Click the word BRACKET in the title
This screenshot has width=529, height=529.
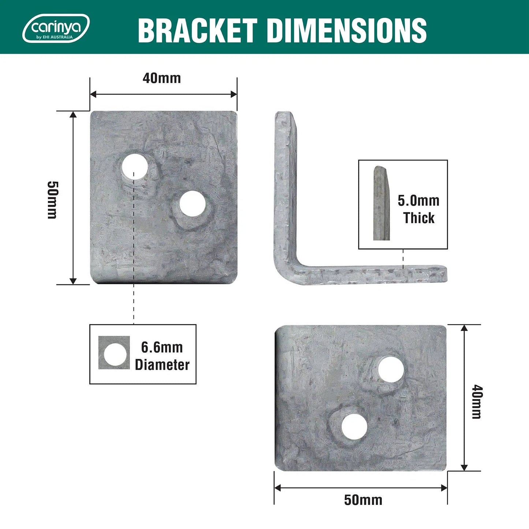point(197,30)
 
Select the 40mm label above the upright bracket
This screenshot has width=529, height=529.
point(161,78)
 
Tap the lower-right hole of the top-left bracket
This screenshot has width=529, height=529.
point(193,204)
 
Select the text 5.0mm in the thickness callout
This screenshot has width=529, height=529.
point(418,201)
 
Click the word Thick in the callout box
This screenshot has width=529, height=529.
point(419,218)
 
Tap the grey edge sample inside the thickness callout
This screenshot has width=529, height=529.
point(381,204)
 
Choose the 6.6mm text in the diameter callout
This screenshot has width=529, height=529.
point(162,347)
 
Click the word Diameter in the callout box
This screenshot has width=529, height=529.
point(162,365)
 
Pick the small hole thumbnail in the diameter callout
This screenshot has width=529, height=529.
point(114,353)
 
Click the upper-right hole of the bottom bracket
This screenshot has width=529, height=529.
point(391,369)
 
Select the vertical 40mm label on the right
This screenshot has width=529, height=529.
point(476,402)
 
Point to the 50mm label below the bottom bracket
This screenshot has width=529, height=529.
point(363,500)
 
